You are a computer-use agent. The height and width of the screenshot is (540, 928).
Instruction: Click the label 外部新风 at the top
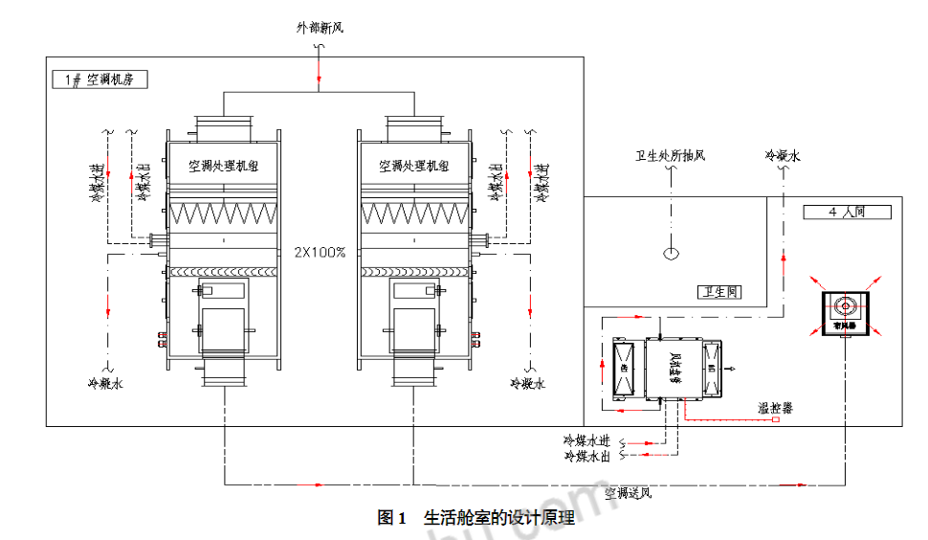319,29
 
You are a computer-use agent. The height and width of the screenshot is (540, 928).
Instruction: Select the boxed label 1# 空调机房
100,80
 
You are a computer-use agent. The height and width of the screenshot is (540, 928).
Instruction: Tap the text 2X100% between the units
320,252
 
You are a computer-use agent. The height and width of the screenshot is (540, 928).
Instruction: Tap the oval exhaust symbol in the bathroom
673,254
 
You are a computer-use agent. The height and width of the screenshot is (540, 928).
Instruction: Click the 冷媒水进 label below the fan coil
586,441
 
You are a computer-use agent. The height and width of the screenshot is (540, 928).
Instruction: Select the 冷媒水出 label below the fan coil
586,457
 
